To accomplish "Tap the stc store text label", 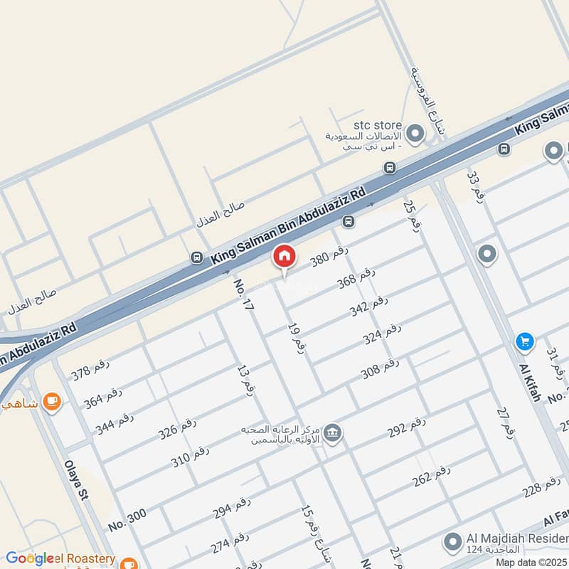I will pyautogui.click(x=378, y=125).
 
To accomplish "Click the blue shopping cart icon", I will pyautogui.click(x=525, y=342).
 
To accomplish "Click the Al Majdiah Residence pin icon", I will pyautogui.click(x=450, y=543).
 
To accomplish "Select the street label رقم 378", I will pyautogui.click(x=91, y=371).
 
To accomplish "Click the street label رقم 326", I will pyautogui.click(x=177, y=428).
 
